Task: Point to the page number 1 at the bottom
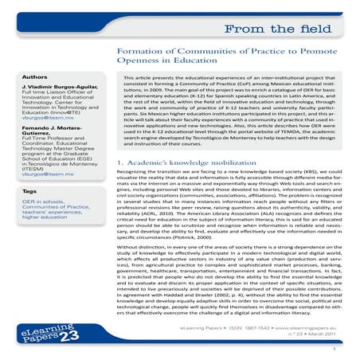pyautogui.click(x=338, y=348)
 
